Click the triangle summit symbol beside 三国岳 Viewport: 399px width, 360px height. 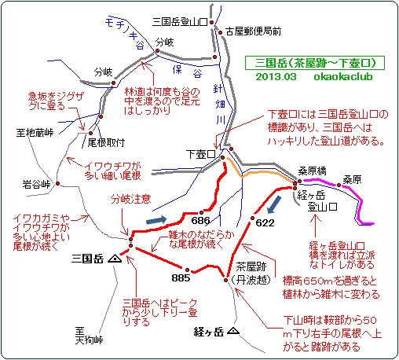pos(115,259)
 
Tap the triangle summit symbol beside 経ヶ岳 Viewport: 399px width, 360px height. pos(233,331)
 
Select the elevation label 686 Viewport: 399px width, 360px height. pos(200,221)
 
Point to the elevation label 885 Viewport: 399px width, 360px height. pos(181,277)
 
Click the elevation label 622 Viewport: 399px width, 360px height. pos(265,223)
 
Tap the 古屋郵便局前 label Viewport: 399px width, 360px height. pos(253,31)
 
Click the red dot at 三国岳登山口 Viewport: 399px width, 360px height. pos(212,23)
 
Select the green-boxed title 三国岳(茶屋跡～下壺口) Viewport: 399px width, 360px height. pos(315,63)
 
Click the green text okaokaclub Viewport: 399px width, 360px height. pos(343,77)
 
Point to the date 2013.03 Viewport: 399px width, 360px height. pos(276,77)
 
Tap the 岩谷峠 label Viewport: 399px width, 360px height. pos(36,184)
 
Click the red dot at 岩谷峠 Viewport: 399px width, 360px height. pos(57,184)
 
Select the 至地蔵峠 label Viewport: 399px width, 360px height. pos(35,133)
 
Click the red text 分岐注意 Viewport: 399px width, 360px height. pos(130,199)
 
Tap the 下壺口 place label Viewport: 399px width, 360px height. pos(200,154)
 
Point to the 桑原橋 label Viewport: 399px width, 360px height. pos(312,171)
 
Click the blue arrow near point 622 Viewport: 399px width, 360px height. pos(274,205)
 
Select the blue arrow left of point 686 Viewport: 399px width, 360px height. pos(156,219)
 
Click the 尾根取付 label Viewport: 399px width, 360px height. pos(106,143)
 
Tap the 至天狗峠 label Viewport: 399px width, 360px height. pos(89,336)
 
